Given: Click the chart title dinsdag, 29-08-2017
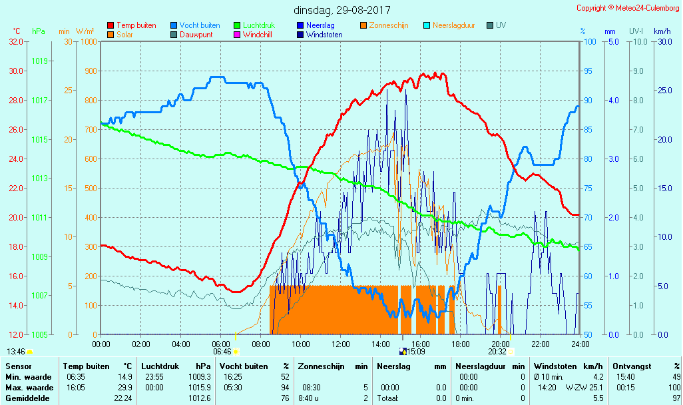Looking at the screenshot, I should [x=342, y=10].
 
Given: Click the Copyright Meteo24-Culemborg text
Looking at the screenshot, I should [x=628, y=8].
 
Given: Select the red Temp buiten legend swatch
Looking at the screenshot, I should [x=111, y=25].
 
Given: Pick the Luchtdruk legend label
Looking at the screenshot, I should [x=265, y=25].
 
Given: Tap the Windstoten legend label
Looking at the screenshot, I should [x=324, y=35].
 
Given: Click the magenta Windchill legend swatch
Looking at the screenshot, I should [x=236, y=35].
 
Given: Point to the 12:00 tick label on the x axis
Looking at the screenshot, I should [x=341, y=344].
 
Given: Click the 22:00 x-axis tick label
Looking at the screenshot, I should [x=541, y=344].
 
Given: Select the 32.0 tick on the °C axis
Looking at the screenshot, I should [x=16, y=41].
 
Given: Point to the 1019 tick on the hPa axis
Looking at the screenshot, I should [x=39, y=61].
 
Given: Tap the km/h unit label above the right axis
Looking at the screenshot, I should [x=662, y=31].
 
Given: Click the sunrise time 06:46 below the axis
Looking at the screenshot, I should [x=222, y=352].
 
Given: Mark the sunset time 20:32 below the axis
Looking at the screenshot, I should [x=497, y=352].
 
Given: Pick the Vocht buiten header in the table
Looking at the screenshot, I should [x=244, y=366].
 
